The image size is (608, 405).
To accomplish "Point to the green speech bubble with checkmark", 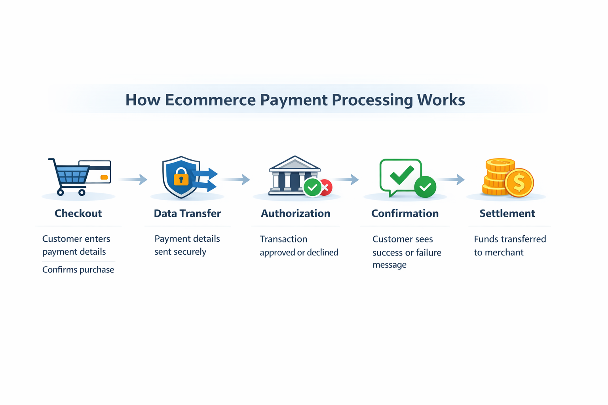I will point(400,176).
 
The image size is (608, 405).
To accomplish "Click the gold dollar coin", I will point(519,183).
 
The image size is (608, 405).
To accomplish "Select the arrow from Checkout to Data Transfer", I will point(133,180).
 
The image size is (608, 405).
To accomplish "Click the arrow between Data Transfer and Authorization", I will point(236,180).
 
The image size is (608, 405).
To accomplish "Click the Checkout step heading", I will point(78,214).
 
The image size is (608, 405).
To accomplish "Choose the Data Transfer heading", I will point(187,214).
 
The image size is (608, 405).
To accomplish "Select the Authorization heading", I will point(295,214).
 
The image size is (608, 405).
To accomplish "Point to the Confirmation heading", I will point(405,214).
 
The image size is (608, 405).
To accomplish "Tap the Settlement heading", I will point(507,214).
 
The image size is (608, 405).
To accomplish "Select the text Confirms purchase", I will point(78,270).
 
